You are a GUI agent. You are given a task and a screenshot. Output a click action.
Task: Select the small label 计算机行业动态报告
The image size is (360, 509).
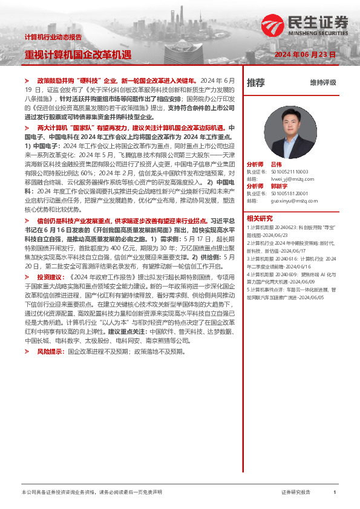(x=53, y=37)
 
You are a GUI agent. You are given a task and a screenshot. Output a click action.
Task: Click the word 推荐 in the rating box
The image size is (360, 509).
(x=255, y=83)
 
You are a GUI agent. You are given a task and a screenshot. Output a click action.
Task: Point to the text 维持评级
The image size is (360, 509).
(x=322, y=83)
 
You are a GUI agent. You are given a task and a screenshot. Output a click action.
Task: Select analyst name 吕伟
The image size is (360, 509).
(x=276, y=164)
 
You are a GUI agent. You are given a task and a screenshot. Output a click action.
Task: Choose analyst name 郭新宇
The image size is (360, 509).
(x=279, y=186)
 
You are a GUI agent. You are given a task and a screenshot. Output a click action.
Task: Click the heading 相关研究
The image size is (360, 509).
(x=260, y=218)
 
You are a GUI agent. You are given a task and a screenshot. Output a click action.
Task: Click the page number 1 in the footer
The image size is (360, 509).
(x=334, y=493)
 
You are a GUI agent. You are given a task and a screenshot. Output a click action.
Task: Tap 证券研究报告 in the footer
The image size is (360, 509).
(x=296, y=493)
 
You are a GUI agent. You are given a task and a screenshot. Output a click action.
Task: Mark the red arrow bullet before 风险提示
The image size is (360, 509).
(x=27, y=351)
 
